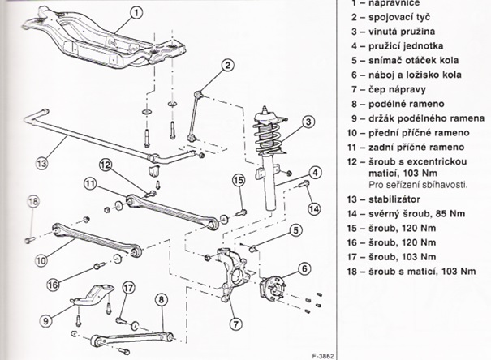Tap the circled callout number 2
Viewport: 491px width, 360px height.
coord(228,66)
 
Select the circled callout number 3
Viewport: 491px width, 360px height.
coord(308,122)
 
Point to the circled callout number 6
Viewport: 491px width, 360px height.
coord(304,268)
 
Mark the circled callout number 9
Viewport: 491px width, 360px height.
coord(46,320)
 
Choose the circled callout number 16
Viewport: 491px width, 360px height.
coord(53,284)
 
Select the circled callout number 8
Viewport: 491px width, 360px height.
coord(162,300)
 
